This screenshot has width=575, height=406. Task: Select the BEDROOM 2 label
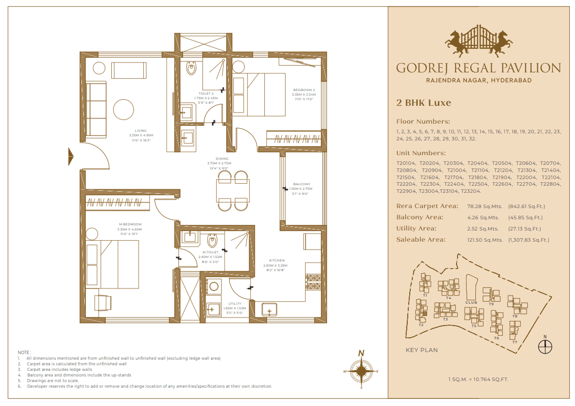point(304,90)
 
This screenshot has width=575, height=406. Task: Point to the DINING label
point(222,159)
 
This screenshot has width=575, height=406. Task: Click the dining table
point(233,191)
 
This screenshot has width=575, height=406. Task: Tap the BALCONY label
point(301,184)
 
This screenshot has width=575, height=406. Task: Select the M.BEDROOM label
point(130,224)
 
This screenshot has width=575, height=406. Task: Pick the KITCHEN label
point(277,260)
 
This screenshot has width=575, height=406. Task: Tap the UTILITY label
point(235,304)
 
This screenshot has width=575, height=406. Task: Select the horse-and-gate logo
point(478,40)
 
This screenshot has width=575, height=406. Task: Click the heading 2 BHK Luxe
point(423,103)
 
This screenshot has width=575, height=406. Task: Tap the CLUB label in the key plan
point(471,302)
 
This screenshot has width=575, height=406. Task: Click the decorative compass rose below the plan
point(361,371)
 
